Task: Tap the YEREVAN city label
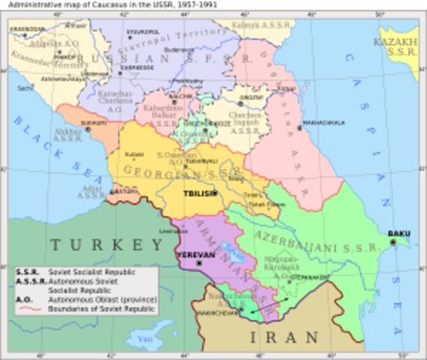tap(189, 254)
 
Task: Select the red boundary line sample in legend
tap(30, 308)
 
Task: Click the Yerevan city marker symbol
tap(200, 263)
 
